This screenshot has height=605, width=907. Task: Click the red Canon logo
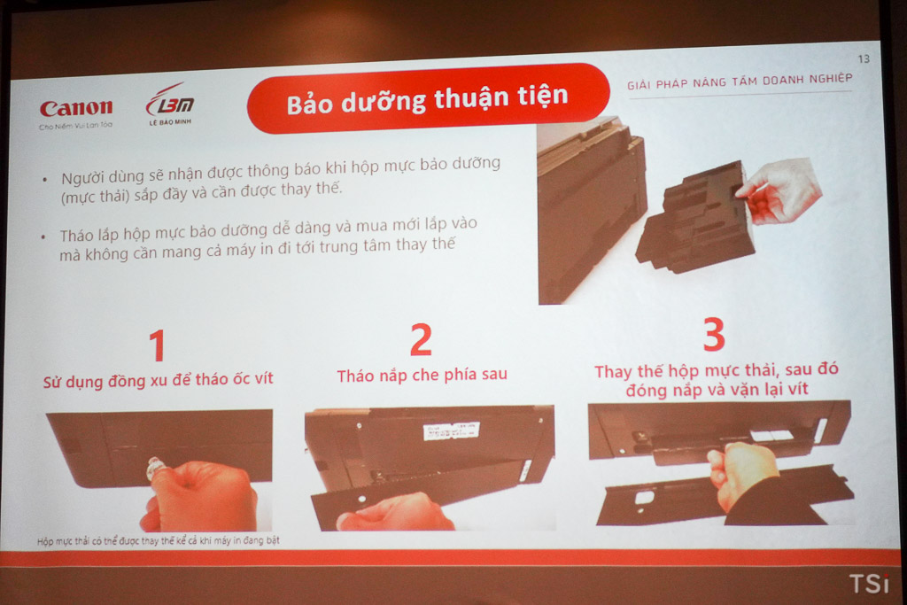click(76, 107)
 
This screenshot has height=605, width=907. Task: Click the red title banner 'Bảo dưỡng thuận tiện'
click(428, 97)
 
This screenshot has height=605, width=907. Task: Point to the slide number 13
click(864, 59)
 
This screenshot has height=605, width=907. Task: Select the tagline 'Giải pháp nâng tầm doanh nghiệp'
click(740, 81)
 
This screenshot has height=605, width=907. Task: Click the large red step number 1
click(157, 345)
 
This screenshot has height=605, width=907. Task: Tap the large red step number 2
click(421, 339)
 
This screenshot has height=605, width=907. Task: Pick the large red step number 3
click(714, 334)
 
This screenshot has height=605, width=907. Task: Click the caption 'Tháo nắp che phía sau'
click(422, 376)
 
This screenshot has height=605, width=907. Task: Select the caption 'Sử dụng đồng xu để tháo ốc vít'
click(158, 380)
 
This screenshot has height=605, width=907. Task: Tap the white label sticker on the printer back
click(451, 430)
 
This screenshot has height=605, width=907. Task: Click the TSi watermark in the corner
click(869, 583)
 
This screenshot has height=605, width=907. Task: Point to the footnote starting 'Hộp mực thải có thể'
click(158, 541)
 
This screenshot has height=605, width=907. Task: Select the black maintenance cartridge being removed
click(694, 218)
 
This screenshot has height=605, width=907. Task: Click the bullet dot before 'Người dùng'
click(45, 180)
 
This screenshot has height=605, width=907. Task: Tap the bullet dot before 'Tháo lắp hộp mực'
click(43, 237)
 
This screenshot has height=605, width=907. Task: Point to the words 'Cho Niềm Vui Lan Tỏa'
click(76, 126)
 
